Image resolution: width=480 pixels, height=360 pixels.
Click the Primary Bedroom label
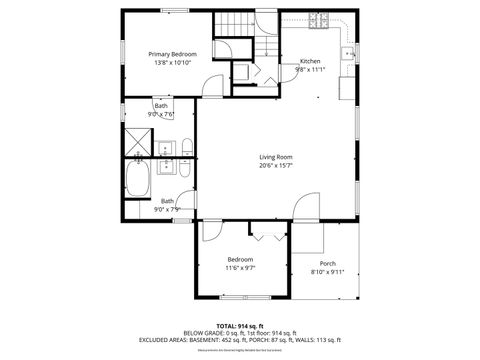172,54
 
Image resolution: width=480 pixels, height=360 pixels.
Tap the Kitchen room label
310,61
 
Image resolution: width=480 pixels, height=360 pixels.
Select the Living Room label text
276,157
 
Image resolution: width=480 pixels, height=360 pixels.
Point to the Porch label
327,263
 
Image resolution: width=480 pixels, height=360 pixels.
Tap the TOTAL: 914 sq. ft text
239,326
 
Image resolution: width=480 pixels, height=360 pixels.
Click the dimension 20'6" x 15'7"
276,166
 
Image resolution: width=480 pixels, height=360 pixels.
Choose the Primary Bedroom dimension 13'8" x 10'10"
172,63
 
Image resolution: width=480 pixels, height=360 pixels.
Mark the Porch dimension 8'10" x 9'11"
327,272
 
